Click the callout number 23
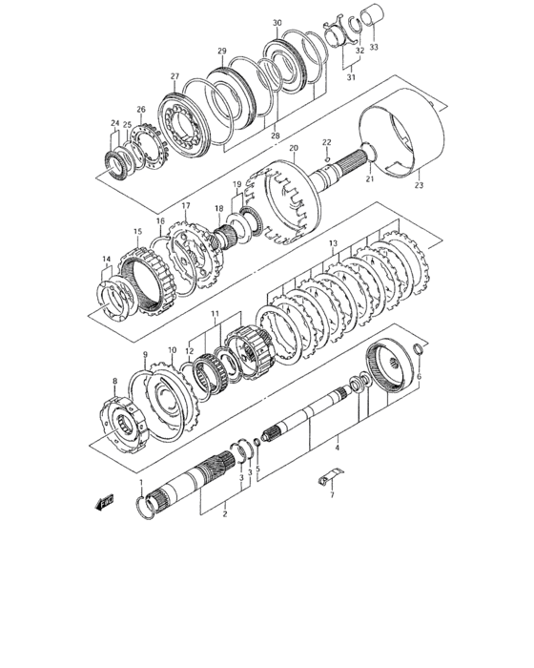(x=418, y=186)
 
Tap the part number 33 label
(x=374, y=46)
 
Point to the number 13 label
(x=333, y=244)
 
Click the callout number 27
(x=175, y=77)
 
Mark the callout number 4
(x=337, y=445)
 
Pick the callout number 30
(x=277, y=23)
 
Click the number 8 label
(x=115, y=382)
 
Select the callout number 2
(x=223, y=513)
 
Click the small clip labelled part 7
(x=330, y=476)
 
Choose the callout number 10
(x=173, y=350)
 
